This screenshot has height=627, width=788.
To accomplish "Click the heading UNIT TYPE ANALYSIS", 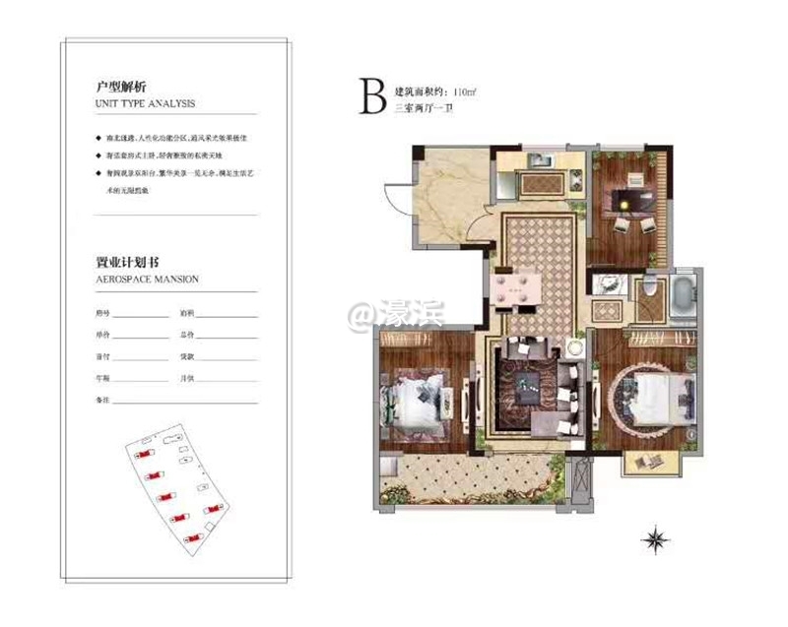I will (145, 102).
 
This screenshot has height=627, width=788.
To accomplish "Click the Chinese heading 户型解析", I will (115, 87).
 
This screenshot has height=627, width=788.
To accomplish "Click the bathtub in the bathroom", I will (684, 296).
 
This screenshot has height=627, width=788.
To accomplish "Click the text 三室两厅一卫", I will (422, 110).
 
